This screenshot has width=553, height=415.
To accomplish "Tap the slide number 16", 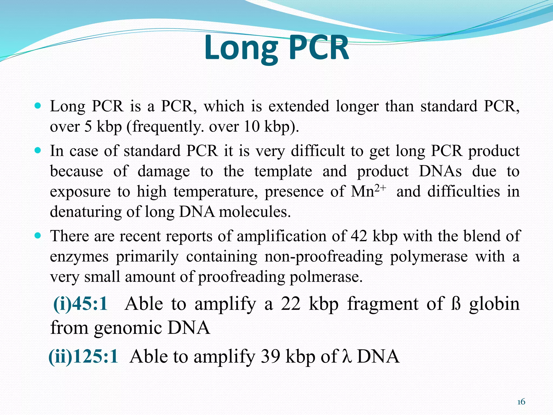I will (521, 402).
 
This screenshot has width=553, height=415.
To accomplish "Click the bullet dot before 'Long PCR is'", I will (38, 105).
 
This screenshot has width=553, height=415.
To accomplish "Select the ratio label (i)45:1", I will (80, 304).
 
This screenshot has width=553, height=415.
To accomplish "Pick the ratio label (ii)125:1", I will (83, 356).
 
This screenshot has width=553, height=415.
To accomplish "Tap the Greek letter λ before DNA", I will (347, 356).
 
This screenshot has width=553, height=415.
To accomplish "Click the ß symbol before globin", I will (456, 304).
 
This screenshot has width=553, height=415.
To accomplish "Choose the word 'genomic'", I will (128, 327).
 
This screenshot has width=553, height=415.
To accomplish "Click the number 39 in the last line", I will (270, 356).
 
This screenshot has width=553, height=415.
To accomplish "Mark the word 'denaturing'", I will (86, 212).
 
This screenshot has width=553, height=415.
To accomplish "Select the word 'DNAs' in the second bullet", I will (440, 171).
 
